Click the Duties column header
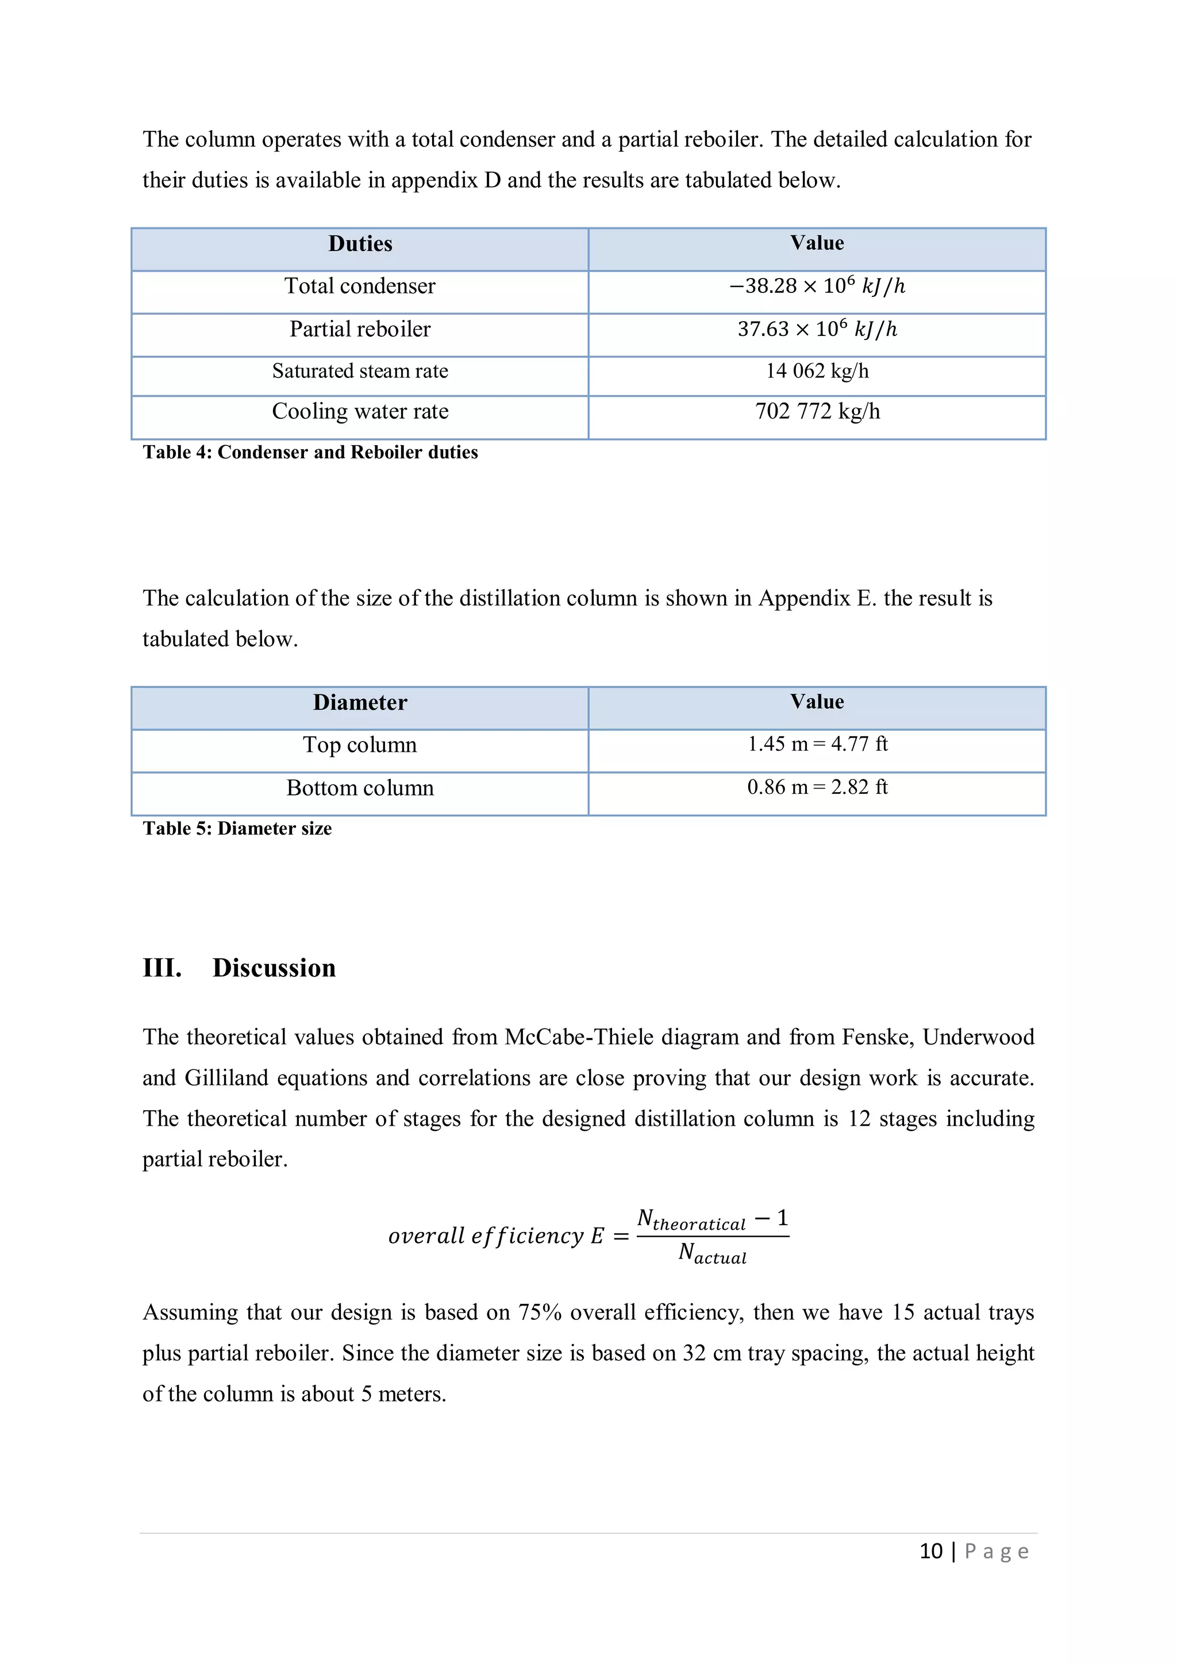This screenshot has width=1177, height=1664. tap(360, 244)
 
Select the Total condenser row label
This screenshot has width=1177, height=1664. tap(360, 286)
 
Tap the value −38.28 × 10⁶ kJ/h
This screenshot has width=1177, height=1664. tap(817, 286)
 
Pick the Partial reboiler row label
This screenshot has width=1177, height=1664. tap(360, 330)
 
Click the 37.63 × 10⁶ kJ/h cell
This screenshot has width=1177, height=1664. tap(817, 330)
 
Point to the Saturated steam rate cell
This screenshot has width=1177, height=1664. tap(360, 371)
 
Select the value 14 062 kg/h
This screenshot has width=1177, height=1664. tap(817, 371)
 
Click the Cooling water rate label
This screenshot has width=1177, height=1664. tap(360, 412)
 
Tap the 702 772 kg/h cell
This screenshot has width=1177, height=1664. tap(817, 412)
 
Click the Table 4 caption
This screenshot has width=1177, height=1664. tap(310, 452)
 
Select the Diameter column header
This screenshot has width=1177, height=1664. tap(360, 702)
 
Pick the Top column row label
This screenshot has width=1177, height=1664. tap(360, 745)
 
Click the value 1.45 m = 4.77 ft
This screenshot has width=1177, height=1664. tap(817, 744)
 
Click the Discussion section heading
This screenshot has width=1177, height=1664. tap(274, 968)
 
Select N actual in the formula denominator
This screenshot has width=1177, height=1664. tap(711, 1253)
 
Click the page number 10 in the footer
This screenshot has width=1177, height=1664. tap(930, 1551)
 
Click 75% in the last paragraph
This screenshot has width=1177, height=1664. tap(540, 1312)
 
